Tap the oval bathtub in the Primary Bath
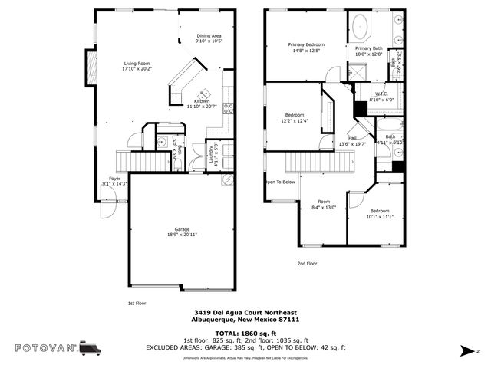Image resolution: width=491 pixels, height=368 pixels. click(361, 29)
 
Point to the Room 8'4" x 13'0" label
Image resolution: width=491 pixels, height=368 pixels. click(324, 204)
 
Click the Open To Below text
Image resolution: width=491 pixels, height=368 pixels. click(280, 182)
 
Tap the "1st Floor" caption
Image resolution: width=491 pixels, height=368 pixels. click(137, 303)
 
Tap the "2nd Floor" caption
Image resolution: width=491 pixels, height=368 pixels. click(307, 263)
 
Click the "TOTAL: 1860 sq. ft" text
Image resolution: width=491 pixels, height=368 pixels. click(245, 333)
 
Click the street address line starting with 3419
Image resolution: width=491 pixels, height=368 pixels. click(245, 313)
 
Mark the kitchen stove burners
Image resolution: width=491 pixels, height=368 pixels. click(228, 107)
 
